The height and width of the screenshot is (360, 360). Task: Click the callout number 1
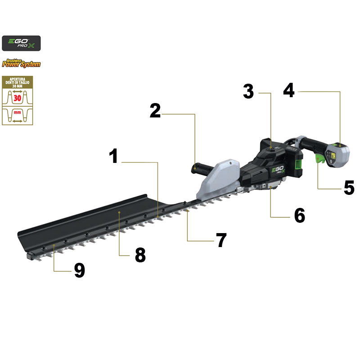click(x=114, y=156)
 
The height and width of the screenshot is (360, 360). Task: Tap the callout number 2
click(x=155, y=110)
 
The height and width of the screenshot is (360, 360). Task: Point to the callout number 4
click(x=289, y=90)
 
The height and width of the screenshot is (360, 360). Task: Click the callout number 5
click(x=349, y=188)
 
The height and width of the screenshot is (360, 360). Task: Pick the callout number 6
click(x=300, y=216)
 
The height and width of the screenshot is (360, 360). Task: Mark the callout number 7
click(x=220, y=240)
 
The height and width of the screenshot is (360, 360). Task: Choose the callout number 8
click(x=140, y=255)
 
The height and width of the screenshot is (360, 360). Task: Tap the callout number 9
click(x=79, y=270)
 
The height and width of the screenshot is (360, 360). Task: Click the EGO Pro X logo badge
click(x=21, y=43)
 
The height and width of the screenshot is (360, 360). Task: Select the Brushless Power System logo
click(x=21, y=63)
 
